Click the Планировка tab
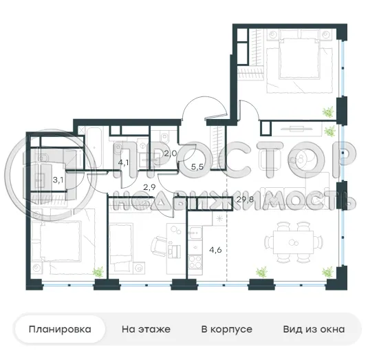tap(60, 330)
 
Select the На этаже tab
tap(146, 330)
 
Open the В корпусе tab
tap(226, 330)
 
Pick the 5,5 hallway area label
tap(197, 166)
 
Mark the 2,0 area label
tap(171, 153)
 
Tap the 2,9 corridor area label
tap(149, 187)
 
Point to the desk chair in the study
tap(159, 246)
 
